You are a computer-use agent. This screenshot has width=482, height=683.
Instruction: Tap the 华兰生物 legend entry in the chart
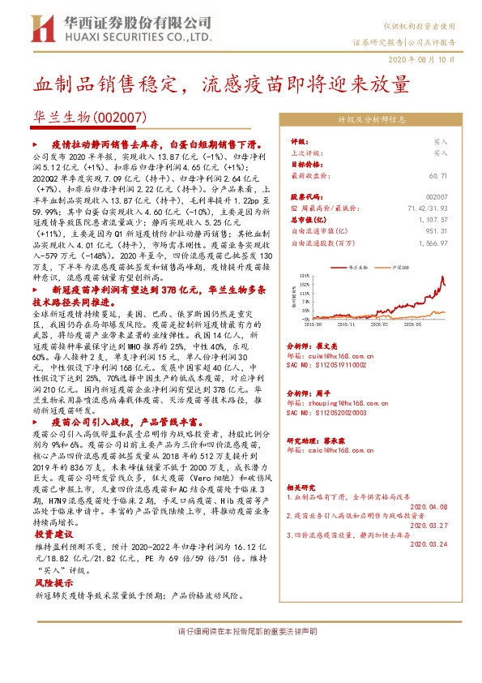[x=359, y=266]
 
